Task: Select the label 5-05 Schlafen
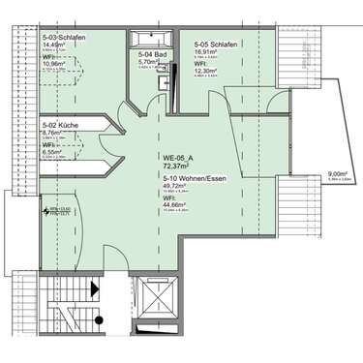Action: [216, 45]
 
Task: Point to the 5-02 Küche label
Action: [61, 126]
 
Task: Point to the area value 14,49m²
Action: [56, 46]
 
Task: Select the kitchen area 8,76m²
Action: [54, 135]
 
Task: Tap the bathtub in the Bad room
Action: [152, 40]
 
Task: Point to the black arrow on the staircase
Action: [94, 288]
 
